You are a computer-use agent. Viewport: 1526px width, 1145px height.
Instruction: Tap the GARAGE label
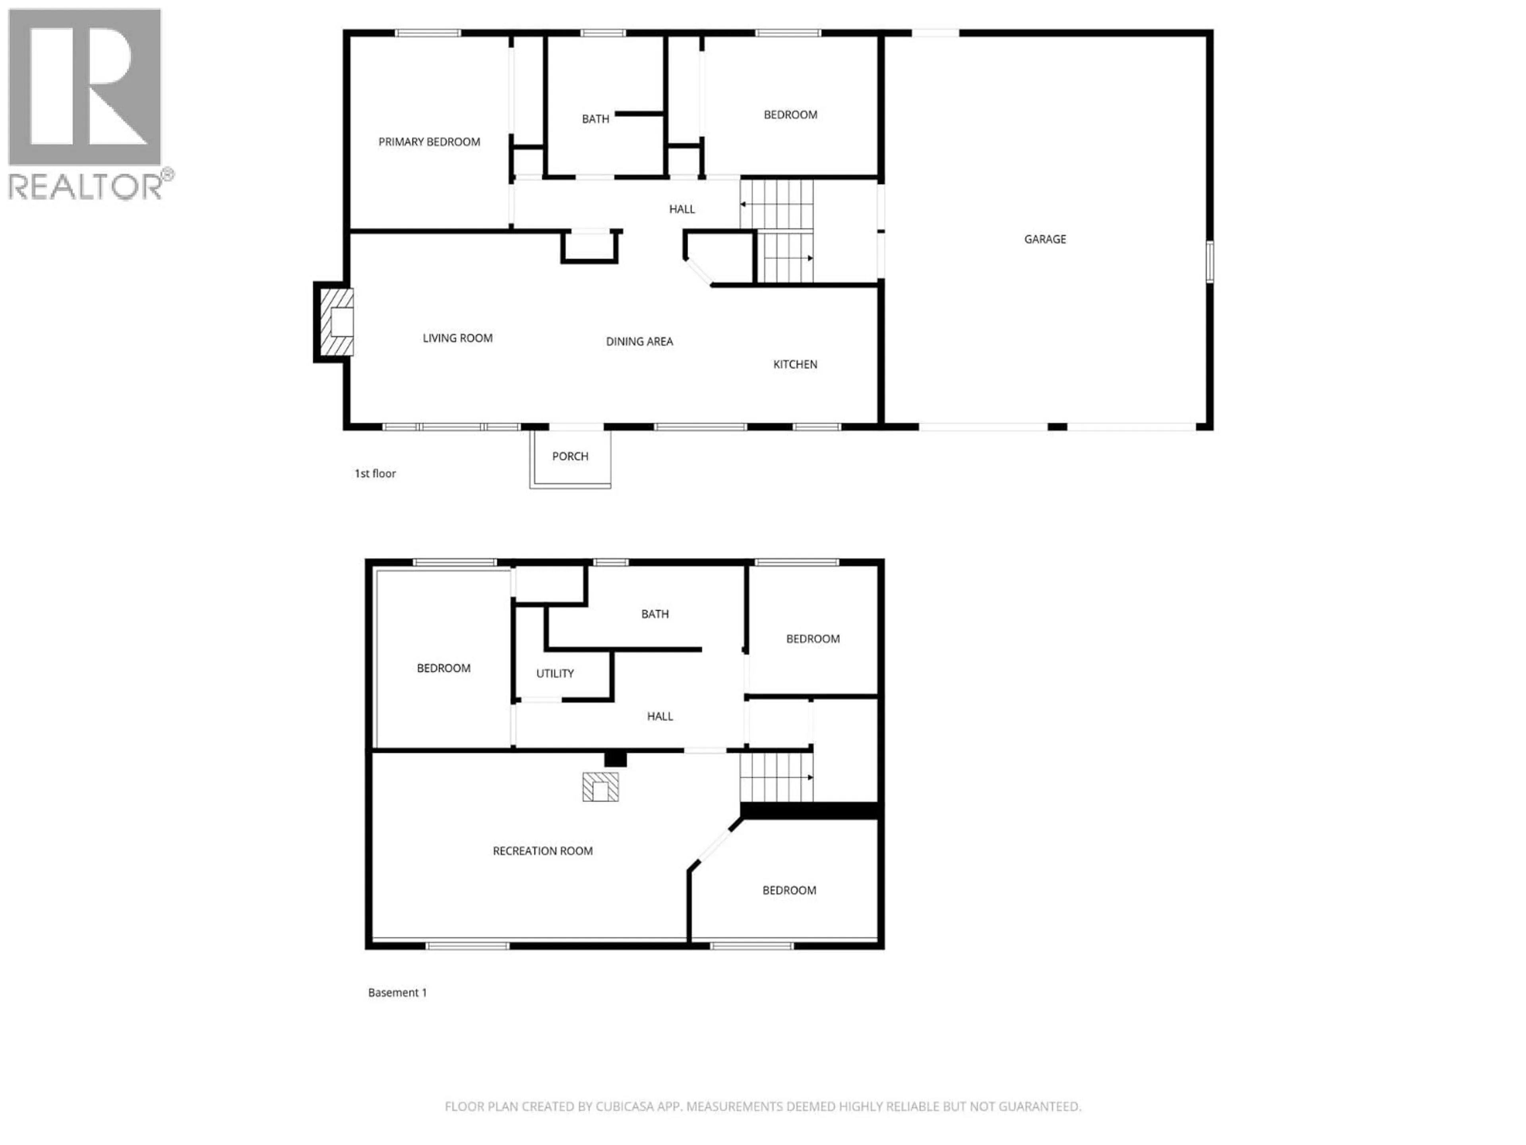pyautogui.click(x=1044, y=239)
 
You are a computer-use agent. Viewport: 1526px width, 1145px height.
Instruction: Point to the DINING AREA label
pyautogui.click(x=639, y=342)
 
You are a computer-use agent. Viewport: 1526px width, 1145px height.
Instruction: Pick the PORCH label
pyautogui.click(x=570, y=456)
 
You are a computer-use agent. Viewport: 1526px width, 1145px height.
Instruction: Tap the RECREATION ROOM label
pyautogui.click(x=542, y=851)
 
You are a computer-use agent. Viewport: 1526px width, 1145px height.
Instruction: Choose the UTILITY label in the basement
pyautogui.click(x=555, y=673)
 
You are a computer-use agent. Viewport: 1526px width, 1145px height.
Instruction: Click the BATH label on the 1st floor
pyautogui.click(x=595, y=119)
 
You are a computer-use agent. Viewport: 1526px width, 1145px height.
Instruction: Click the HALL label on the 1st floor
pyautogui.click(x=682, y=209)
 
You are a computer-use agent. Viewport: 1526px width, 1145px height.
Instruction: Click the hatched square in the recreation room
pyautogui.click(x=600, y=787)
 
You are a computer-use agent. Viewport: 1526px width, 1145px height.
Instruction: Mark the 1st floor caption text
pyautogui.click(x=375, y=474)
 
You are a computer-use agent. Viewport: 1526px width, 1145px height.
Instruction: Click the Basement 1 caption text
pyautogui.click(x=397, y=992)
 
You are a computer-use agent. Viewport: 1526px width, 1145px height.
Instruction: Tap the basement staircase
pyautogui.click(x=776, y=777)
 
